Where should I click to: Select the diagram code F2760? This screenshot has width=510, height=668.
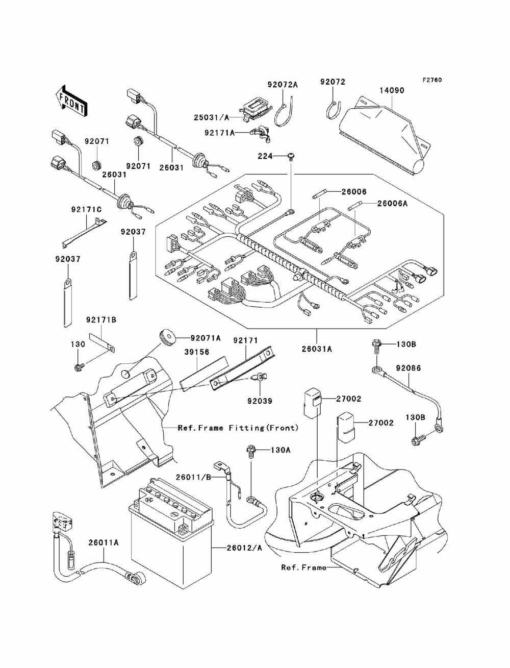[431, 80]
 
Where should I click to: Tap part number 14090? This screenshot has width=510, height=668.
[392, 90]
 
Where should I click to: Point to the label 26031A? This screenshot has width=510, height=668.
[317, 349]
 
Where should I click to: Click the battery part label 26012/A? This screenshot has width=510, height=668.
[244, 548]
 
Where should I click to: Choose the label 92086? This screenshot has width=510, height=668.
[408, 368]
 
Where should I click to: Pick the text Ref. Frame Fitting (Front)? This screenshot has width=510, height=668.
[238, 428]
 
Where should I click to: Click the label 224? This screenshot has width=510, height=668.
[265, 156]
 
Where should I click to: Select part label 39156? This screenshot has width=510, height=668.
[197, 352]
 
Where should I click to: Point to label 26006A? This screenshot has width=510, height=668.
[392, 204]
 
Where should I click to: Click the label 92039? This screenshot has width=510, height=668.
[260, 401]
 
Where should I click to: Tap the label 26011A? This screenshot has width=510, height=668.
[104, 542]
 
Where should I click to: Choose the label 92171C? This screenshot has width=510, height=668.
[86, 210]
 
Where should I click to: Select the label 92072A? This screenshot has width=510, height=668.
[283, 85]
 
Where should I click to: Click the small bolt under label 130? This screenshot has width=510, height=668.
[78, 367]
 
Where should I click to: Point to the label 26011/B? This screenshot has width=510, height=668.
[193, 477]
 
